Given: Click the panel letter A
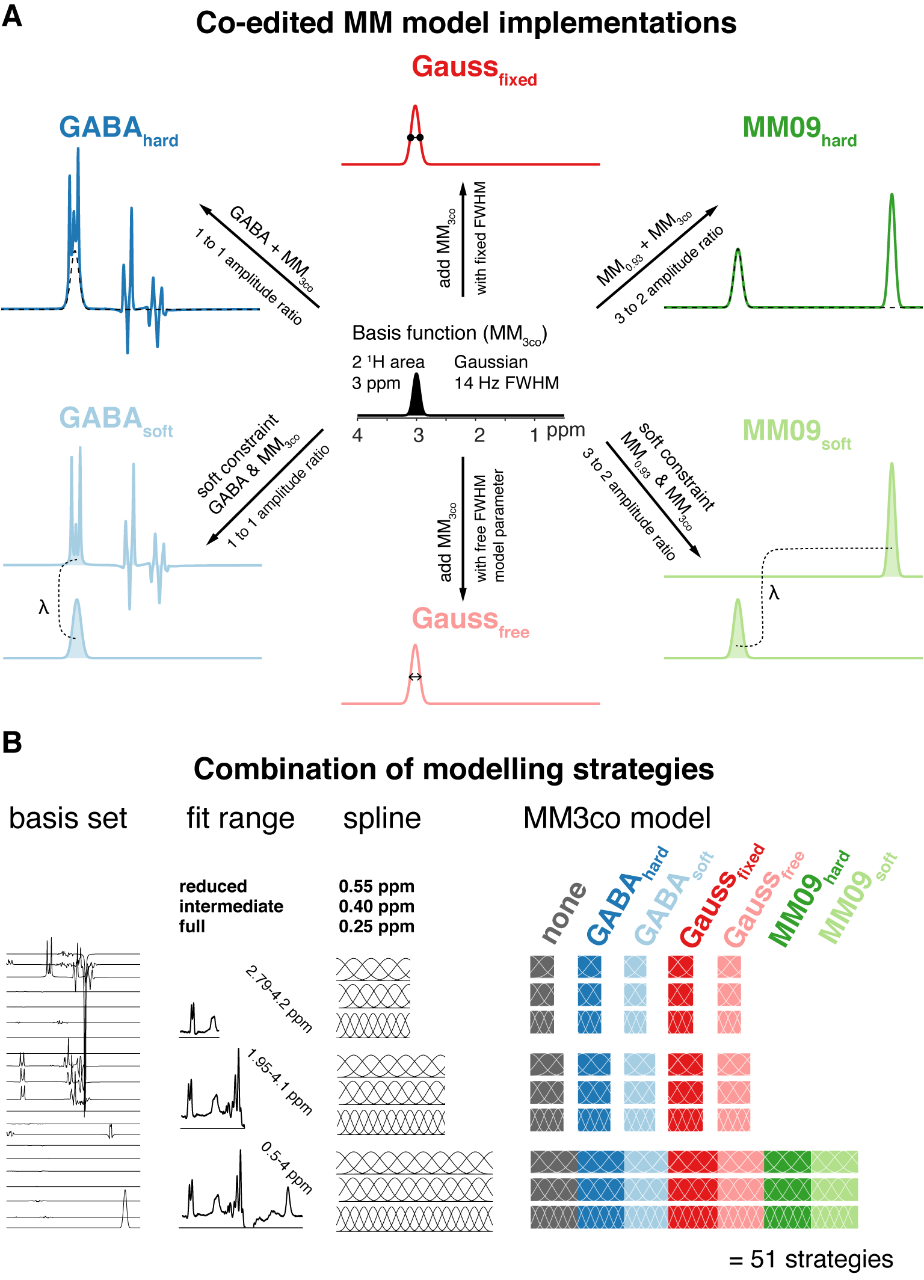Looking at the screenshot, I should (12, 16).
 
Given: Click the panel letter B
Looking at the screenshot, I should (12, 742).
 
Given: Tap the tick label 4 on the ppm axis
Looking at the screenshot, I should (357, 435).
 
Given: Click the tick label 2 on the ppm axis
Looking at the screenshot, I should (479, 435).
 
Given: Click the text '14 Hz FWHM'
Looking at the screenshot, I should (507, 383).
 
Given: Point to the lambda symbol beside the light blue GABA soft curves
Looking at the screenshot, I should (43, 608).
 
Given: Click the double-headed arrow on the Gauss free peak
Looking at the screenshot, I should (415, 677).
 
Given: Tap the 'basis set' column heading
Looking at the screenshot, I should (68, 819).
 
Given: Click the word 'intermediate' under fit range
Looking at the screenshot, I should (231, 906).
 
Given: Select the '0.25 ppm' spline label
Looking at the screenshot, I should (377, 926).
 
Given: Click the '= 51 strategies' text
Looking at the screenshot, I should (810, 1258).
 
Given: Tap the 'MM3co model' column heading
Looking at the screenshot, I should (617, 819).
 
